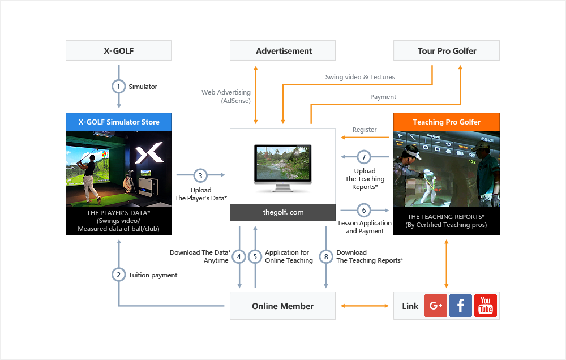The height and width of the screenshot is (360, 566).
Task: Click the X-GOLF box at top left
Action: point(119,50)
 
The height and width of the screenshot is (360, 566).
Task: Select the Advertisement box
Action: point(282,50)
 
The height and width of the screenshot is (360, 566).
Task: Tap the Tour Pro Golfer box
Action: point(447,50)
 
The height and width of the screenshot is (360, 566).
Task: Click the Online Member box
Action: point(282,306)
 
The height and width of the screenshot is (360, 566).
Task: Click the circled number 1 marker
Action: point(119,87)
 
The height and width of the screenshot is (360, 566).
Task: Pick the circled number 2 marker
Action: point(119,275)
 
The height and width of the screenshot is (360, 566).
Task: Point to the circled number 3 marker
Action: point(200,175)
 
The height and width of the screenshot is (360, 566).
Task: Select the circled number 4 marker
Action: point(239,257)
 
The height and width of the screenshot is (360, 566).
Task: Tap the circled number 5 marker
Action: point(255,257)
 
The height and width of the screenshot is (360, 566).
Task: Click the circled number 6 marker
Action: point(364,210)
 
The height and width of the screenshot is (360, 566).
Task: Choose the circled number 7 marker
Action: point(364,156)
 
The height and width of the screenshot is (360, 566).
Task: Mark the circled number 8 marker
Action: point(326,257)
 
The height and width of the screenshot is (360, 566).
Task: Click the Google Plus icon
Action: point(436,306)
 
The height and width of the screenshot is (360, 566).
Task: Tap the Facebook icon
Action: point(461,306)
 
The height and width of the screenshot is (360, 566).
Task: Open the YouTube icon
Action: point(486,306)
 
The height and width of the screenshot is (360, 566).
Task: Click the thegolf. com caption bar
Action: point(282,212)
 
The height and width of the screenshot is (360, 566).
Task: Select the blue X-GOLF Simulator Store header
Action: point(119,122)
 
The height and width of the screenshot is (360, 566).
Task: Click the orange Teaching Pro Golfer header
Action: point(447,122)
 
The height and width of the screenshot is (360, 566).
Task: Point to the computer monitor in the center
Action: point(282,164)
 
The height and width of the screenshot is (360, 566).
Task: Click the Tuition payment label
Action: point(153,275)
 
